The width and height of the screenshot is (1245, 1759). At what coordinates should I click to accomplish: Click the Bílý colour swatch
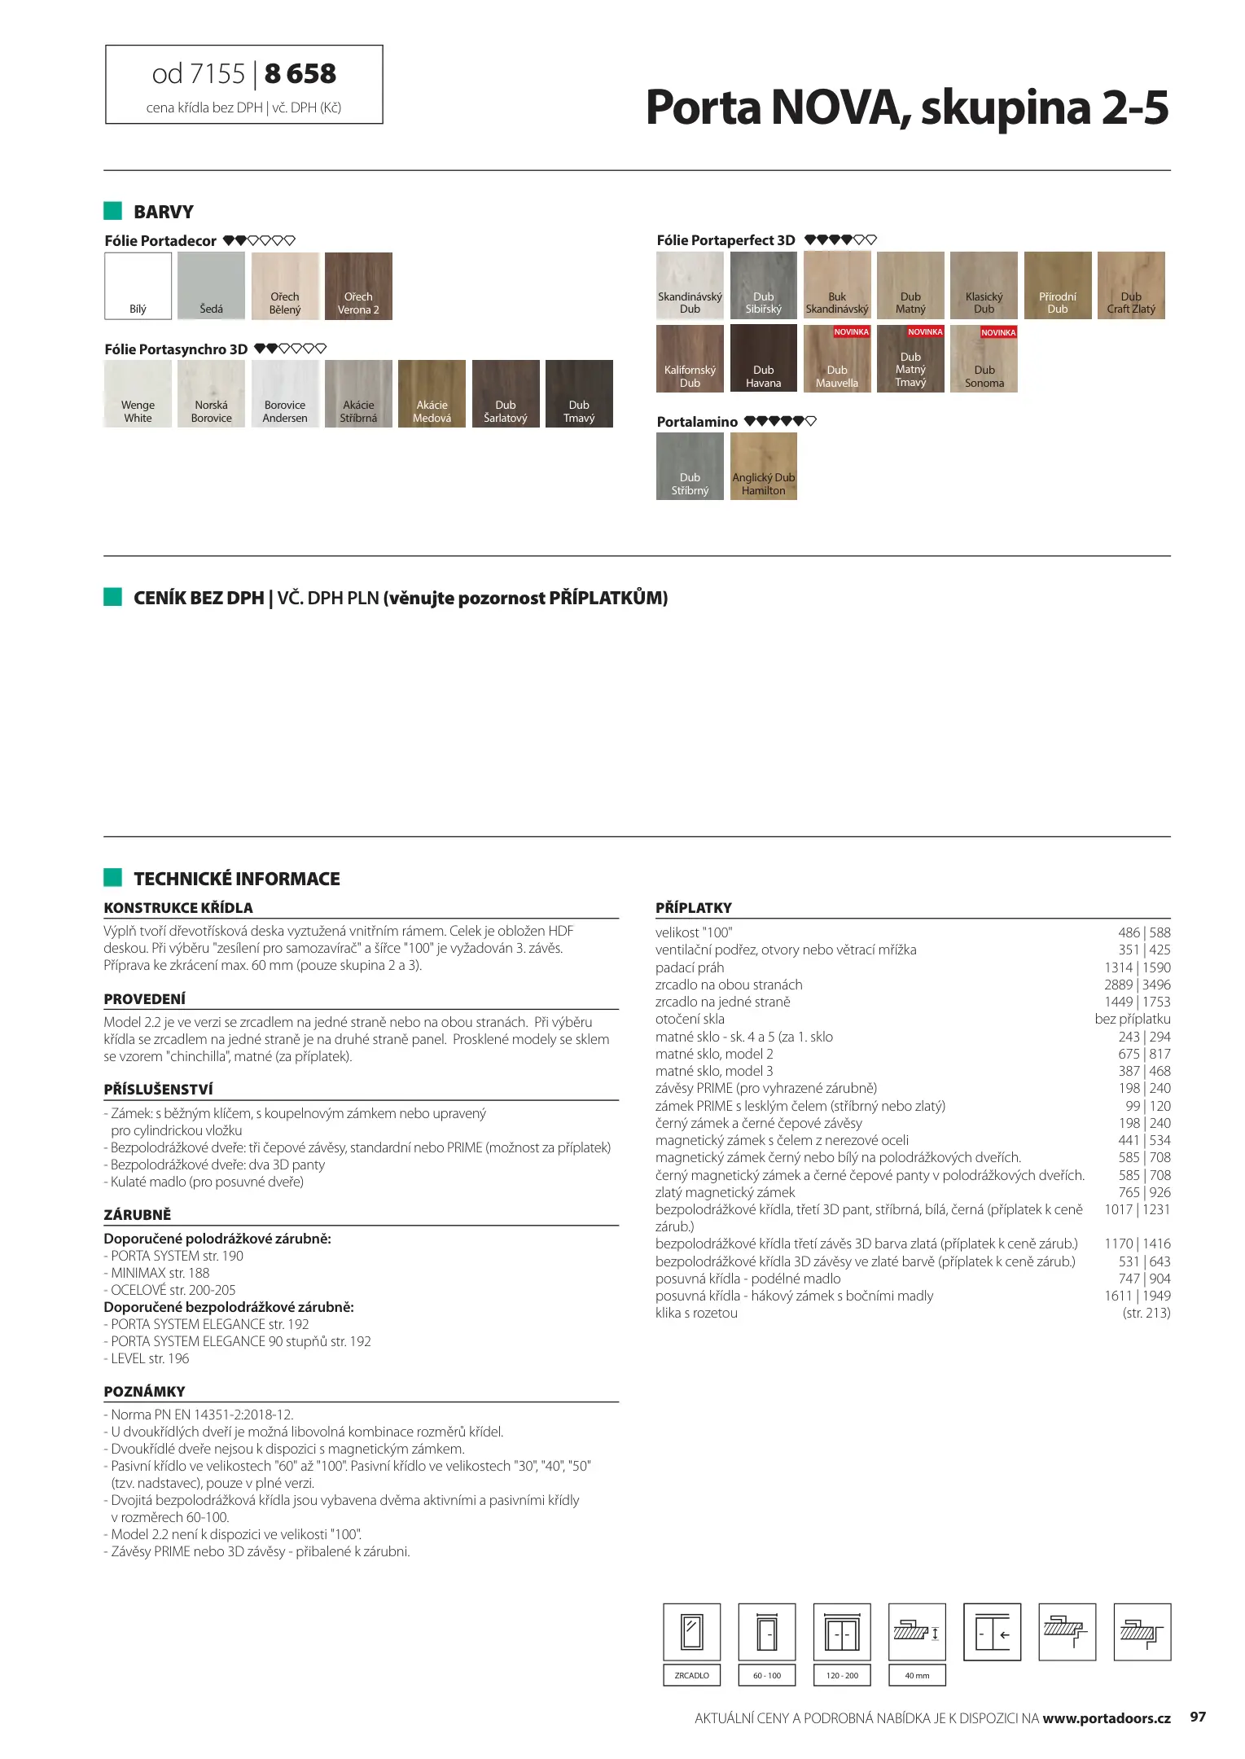point(138,286)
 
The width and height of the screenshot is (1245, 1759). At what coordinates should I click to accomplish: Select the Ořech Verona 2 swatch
point(358,286)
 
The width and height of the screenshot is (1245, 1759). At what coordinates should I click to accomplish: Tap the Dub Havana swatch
point(763,358)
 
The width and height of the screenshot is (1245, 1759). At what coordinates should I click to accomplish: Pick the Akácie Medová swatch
point(432,393)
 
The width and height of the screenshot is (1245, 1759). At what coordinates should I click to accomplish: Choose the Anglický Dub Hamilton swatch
point(763,466)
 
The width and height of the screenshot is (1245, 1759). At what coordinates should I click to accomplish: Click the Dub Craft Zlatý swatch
point(1130,286)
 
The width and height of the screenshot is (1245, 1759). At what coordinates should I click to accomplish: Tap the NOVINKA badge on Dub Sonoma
point(998,332)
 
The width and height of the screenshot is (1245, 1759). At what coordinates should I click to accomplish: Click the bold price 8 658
point(300,74)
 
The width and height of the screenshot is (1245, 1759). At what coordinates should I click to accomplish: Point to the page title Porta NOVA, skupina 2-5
point(907,107)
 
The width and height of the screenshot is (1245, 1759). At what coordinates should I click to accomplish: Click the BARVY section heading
point(163,212)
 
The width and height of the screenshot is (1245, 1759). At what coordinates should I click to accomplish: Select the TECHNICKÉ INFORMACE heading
point(236,879)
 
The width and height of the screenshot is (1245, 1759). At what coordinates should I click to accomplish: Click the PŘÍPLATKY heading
point(694,907)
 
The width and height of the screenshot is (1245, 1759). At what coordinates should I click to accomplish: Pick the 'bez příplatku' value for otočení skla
point(1132,1019)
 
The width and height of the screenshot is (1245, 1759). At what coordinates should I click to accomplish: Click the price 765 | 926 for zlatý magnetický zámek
point(1143,1192)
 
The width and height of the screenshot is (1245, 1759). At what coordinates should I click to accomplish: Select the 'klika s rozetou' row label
point(696,1313)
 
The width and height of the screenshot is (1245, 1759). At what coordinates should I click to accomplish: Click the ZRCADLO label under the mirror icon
point(691,1675)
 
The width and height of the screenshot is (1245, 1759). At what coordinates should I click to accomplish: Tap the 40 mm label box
point(916,1675)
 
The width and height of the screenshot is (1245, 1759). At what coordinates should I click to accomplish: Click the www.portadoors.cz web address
point(1106,1718)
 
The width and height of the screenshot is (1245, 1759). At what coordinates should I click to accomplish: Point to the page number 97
point(1197,1717)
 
